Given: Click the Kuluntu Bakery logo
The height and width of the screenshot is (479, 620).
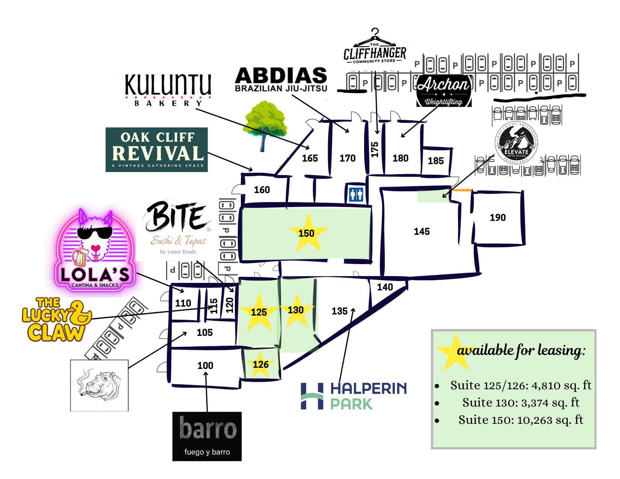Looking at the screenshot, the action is [168, 89].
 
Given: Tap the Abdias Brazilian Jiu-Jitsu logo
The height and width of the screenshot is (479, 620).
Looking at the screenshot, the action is [281, 80].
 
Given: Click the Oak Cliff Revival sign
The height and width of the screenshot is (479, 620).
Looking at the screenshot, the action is [157, 150].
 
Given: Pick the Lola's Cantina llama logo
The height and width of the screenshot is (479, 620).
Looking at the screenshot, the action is [95, 251].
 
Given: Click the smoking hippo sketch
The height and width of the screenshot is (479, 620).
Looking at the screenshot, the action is [99, 385].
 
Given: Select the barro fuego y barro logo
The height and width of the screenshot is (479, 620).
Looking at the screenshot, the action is [207, 436].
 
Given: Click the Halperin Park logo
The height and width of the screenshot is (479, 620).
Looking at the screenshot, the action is [354, 396].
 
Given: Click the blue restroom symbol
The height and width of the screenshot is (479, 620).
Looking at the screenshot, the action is [356, 193].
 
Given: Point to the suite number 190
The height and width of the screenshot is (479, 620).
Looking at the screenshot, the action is [498, 218].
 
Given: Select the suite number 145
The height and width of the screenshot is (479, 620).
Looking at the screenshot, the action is [422, 231].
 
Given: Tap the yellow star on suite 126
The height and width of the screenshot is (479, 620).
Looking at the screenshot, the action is [260, 364].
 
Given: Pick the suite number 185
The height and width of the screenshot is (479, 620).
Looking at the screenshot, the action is [436, 161].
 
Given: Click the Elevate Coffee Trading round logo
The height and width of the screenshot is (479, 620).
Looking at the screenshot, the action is [516, 142].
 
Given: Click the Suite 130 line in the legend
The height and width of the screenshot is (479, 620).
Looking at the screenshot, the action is [520, 403].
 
